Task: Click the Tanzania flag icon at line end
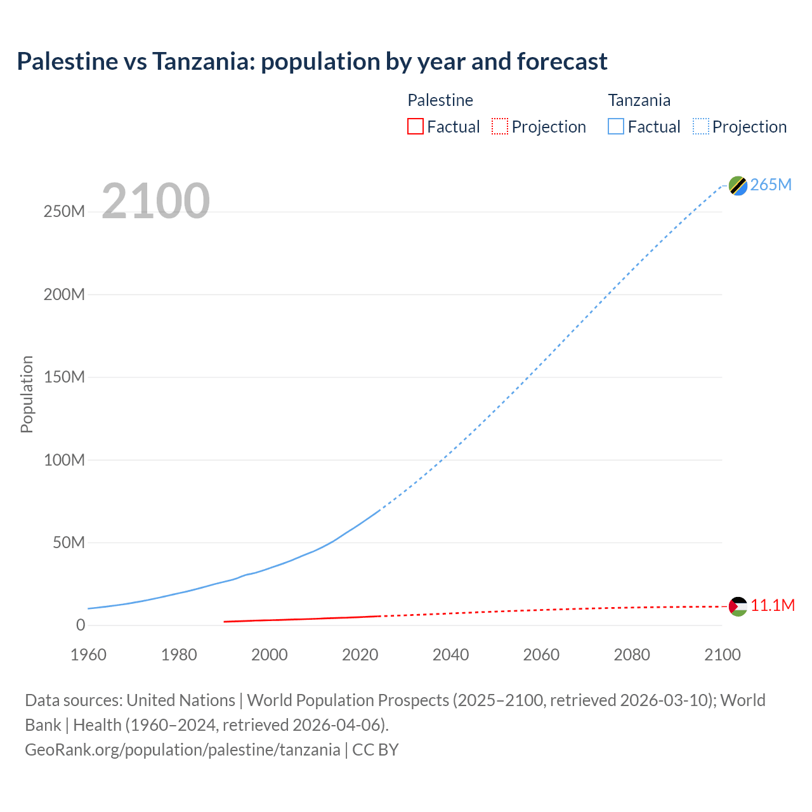coord(738,185)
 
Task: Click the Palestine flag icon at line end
coord(738,606)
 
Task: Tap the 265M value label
coord(771,185)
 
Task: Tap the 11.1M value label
coord(773,606)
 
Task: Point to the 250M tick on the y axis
coord(64,212)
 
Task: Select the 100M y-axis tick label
coord(64,460)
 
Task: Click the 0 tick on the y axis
coord(81,625)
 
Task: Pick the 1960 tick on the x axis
coord(88,655)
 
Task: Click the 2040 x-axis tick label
coord(450,655)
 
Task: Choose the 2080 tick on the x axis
coord(632,655)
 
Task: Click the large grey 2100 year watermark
coord(155,201)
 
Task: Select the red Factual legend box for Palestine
coord(416,127)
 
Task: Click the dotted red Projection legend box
coord(500,127)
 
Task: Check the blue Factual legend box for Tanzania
coord(616,127)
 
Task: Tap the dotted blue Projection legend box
coord(701,127)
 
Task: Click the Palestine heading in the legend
coord(440,100)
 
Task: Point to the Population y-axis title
coord(27,394)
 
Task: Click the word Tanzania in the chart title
coord(203,62)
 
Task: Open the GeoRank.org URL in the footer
coord(183,750)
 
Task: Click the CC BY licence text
coord(376,750)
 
